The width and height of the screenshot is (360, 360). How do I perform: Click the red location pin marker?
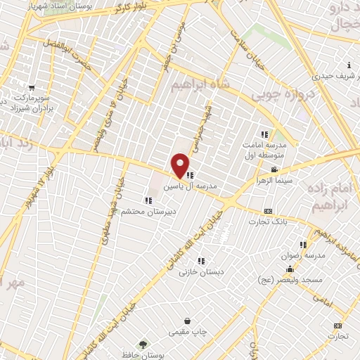pyautogui.click(x=181, y=165)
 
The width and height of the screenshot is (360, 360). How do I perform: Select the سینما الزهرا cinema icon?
pyautogui.click(x=274, y=170)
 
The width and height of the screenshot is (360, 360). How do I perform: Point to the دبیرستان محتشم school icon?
pyautogui.click(x=147, y=201)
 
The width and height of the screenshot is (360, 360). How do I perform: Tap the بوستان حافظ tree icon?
pyautogui.click(x=143, y=345)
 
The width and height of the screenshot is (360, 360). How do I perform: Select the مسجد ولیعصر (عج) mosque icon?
pyautogui.click(x=289, y=270)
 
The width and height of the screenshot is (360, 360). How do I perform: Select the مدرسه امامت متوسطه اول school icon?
pyautogui.click(x=264, y=134)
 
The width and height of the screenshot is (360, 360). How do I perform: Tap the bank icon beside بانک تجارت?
pyautogui.click(x=268, y=211)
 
